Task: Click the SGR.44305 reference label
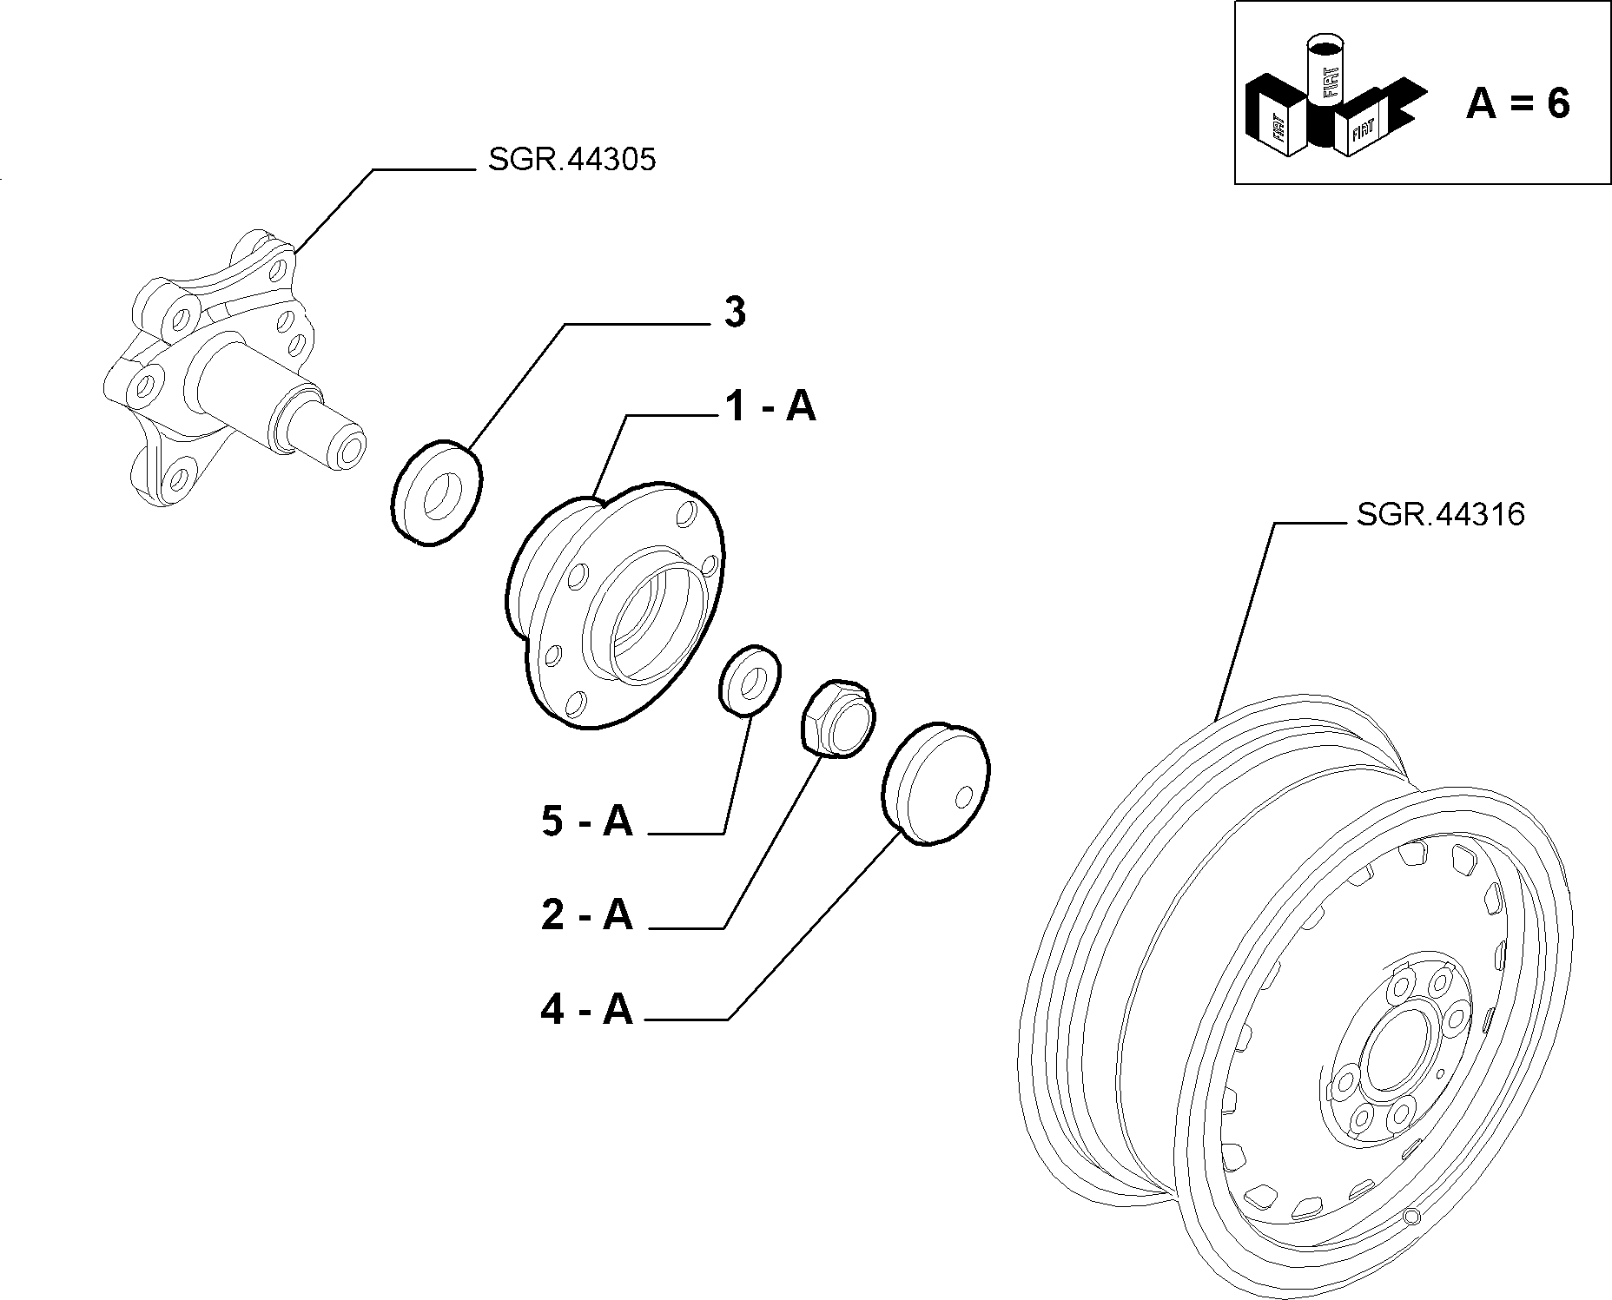(571, 160)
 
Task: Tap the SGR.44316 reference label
(1440, 514)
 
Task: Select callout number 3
(735, 313)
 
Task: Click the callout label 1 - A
(770, 406)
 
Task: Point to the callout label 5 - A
(587, 821)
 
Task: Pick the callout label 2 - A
(587, 914)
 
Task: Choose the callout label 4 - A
(587, 1009)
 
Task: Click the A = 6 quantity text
(1517, 103)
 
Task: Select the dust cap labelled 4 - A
(936, 782)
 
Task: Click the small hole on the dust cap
(961, 796)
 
